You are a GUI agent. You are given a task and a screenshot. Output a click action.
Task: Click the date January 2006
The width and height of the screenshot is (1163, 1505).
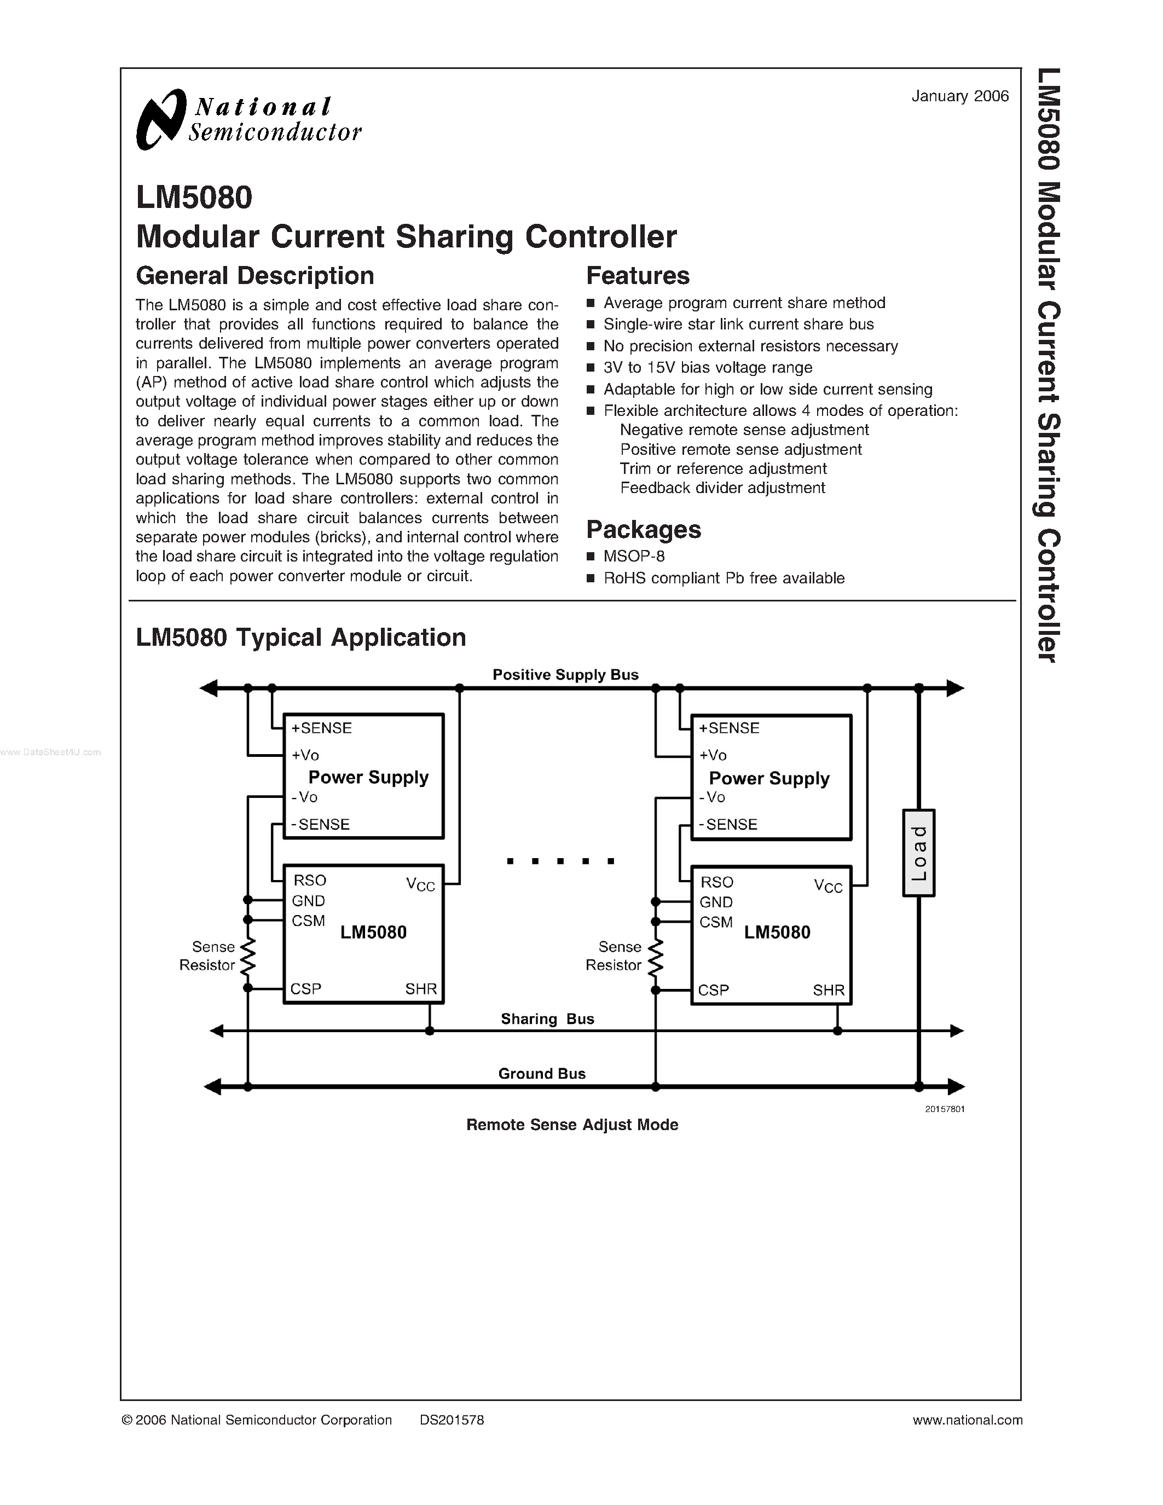pyautogui.click(x=960, y=96)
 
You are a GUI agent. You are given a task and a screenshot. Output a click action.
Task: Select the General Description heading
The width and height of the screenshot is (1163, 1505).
pyautogui.click(x=255, y=276)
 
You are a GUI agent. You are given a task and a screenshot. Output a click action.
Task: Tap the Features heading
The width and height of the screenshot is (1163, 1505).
pyautogui.click(x=637, y=276)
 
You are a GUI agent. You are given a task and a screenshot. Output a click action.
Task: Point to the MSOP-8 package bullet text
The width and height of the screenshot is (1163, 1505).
pyautogui.click(x=634, y=556)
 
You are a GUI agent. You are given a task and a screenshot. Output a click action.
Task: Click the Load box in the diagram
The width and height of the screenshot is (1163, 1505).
pyautogui.click(x=918, y=853)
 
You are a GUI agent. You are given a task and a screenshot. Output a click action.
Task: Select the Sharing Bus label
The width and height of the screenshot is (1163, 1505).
pyautogui.click(x=547, y=1018)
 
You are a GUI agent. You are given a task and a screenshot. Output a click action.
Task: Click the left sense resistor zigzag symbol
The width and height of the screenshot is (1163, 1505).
pyautogui.click(x=247, y=955)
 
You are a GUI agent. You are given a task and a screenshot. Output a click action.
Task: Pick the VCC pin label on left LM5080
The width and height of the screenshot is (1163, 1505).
pyautogui.click(x=420, y=885)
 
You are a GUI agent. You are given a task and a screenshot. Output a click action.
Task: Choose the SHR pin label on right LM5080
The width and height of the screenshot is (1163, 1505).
pyautogui.click(x=828, y=990)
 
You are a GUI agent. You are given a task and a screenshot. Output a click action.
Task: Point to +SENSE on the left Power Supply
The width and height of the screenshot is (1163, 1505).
pyautogui.click(x=321, y=728)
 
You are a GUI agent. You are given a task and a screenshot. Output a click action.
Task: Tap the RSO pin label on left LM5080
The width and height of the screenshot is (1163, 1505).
pyautogui.click(x=309, y=881)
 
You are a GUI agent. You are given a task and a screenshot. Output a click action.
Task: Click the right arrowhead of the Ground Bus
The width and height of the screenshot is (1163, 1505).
pyautogui.click(x=956, y=1087)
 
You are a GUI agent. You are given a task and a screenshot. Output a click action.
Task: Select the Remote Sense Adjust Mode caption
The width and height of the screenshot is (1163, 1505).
pyautogui.click(x=572, y=1125)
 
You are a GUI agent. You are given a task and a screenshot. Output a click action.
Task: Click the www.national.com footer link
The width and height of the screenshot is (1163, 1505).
pyautogui.click(x=967, y=1420)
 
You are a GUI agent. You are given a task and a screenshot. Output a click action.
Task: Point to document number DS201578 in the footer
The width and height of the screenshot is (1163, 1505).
pyautogui.click(x=452, y=1420)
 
